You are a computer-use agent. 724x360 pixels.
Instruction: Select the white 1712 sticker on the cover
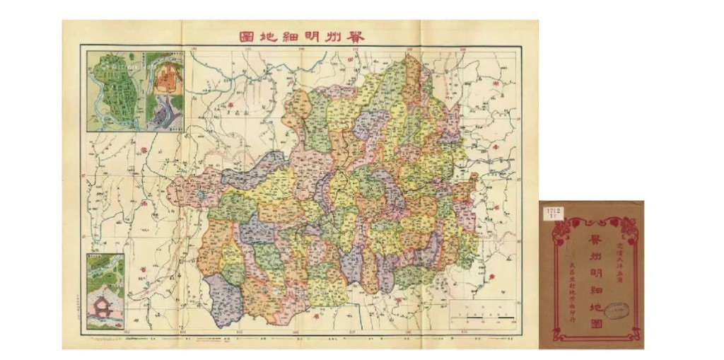click(x=553, y=213)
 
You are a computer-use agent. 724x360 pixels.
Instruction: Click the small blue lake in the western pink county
click(x=202, y=194)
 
